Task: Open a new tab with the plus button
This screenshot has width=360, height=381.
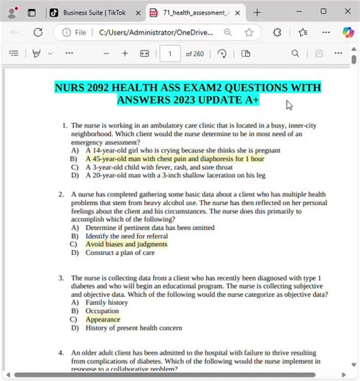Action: (257, 12)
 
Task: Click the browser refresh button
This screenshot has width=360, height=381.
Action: (38, 32)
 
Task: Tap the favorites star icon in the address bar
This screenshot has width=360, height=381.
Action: (249, 32)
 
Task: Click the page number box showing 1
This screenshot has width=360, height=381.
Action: (170, 53)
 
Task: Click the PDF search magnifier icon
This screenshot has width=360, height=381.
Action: (295, 53)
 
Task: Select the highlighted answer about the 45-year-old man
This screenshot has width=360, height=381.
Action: (175, 158)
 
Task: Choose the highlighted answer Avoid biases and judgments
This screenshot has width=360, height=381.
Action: (126, 244)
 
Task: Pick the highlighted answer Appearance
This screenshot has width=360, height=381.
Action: (103, 319)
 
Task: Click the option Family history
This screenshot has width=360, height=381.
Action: (106, 302)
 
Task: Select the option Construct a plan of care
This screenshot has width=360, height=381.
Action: (120, 253)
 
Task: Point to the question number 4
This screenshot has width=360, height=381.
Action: (62, 353)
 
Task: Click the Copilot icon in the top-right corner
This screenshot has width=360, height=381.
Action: (348, 32)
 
